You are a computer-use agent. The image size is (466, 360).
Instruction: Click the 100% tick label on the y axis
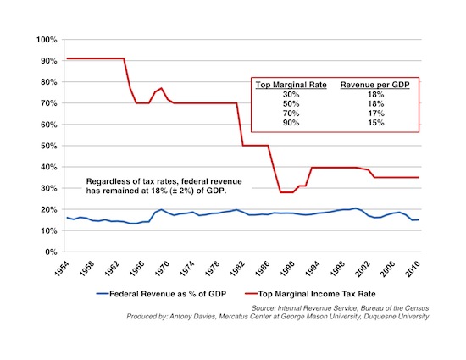coord(47,40)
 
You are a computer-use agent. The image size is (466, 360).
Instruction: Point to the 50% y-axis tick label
coord(49,146)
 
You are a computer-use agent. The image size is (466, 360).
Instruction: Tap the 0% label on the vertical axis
coord(51,252)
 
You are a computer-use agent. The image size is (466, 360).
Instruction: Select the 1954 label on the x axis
coord(62,269)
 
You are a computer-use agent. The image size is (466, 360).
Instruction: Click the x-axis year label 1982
coord(237,269)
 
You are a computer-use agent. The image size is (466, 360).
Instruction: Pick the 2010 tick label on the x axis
coord(413,269)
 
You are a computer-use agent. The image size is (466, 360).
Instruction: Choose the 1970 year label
coord(163,269)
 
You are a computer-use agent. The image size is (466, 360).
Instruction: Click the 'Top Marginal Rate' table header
coord(291,85)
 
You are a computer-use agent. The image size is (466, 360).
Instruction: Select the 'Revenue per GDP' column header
coord(374,85)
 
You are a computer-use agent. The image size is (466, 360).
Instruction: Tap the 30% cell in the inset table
coord(291,95)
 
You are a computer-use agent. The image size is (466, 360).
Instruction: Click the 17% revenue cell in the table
coord(376,114)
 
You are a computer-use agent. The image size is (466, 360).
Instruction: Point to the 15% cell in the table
coord(376,123)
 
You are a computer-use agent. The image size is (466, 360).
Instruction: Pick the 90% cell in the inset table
coord(291,123)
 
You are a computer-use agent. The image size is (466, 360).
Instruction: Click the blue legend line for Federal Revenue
coord(103,294)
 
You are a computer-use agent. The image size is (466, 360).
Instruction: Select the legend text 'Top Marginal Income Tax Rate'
coord(317,294)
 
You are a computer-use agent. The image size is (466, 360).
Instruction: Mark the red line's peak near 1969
coord(161,88)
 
